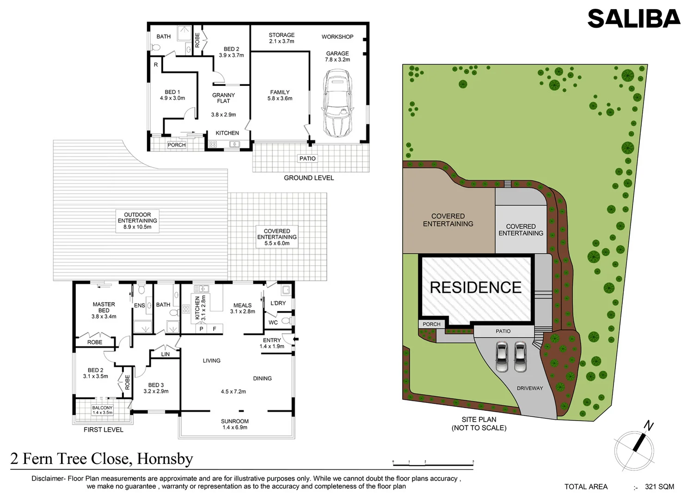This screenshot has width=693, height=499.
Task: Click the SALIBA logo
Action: [x=634, y=18]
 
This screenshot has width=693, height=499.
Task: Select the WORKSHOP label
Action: [x=337, y=37]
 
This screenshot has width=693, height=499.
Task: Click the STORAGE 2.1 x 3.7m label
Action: [x=282, y=38]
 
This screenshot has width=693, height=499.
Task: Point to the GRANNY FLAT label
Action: [x=223, y=98]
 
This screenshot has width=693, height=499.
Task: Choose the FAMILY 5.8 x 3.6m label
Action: [x=280, y=95]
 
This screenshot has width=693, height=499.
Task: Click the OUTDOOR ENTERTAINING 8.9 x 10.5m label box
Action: [x=137, y=221]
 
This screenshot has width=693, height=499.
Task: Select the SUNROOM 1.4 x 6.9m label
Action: [x=235, y=424]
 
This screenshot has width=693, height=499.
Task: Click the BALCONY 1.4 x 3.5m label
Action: [x=103, y=410]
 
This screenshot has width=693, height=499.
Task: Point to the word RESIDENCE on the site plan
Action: [x=476, y=287]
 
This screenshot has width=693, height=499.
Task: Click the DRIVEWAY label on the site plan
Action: [x=530, y=388]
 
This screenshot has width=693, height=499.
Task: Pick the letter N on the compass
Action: [x=649, y=426]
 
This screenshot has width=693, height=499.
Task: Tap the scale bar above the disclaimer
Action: [x=433, y=463]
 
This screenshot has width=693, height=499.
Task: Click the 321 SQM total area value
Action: [x=659, y=487]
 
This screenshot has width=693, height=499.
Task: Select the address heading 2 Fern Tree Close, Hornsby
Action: [x=102, y=458]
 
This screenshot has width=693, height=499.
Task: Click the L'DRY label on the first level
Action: [x=278, y=303]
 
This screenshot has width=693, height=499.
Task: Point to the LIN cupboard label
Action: [x=165, y=354]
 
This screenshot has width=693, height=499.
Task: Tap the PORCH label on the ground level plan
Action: [x=177, y=145]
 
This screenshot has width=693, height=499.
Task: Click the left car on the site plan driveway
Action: [x=502, y=357]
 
